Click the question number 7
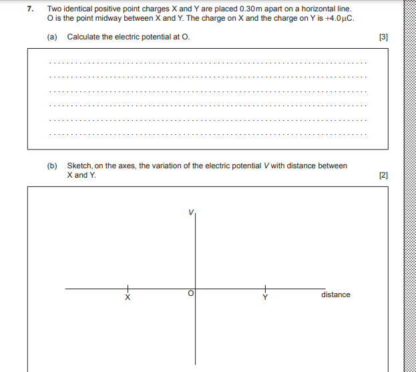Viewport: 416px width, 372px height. pos(30,9)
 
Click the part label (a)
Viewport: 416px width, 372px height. pos(52,37)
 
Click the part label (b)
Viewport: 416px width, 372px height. pos(52,166)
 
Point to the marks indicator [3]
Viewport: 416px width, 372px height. pos(383,37)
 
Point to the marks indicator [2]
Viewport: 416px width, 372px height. pos(383,176)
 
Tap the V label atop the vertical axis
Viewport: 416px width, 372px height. pos(190,212)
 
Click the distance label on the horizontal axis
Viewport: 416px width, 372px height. pos(335,295)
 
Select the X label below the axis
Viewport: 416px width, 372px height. pos(128,297)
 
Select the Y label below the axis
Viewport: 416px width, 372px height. pos(264,297)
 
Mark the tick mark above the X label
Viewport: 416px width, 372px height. pos(128,288)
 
